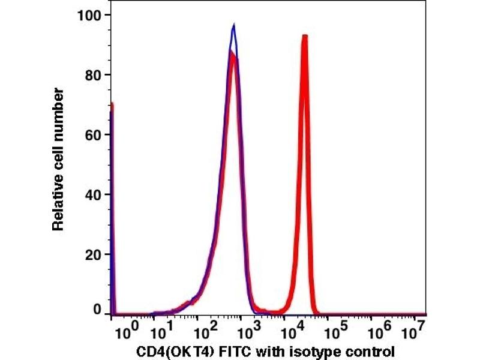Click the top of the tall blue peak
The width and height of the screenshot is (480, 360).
click(x=234, y=25)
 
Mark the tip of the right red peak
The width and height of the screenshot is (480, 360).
click(x=305, y=37)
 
